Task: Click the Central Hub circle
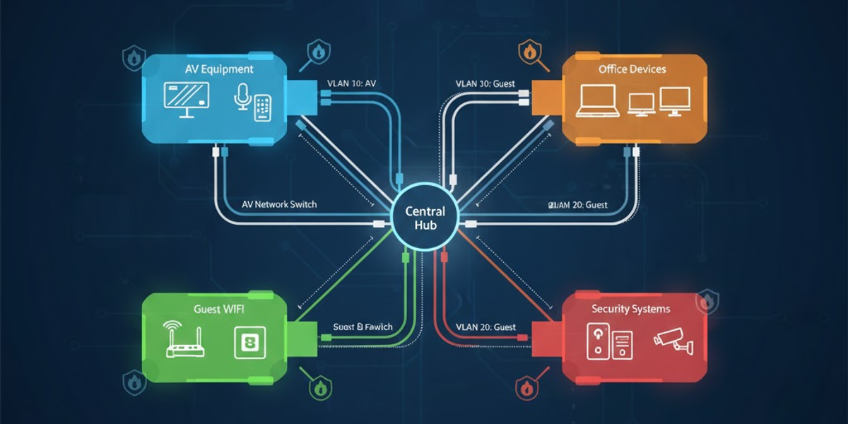425,218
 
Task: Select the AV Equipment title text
219,70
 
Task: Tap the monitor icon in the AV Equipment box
186,100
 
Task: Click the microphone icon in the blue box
241,100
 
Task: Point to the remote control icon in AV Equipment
263,107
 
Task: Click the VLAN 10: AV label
351,83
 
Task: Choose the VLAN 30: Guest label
485,83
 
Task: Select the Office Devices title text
632,69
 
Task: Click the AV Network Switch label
274,204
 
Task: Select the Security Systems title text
630,309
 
